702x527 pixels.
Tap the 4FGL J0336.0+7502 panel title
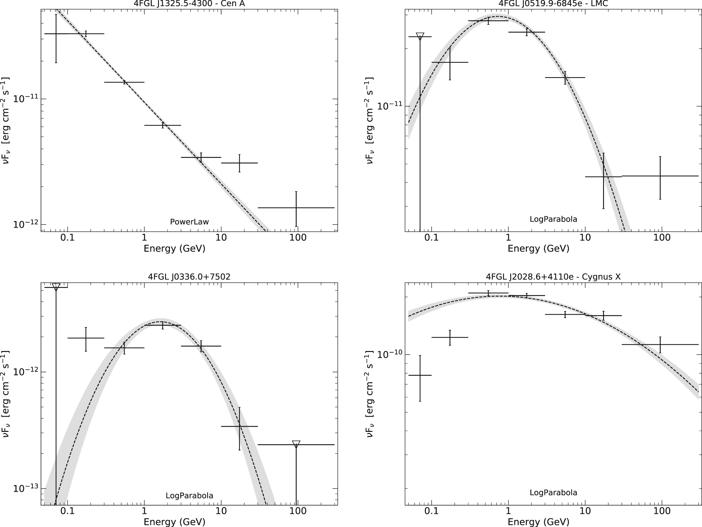tap(189, 277)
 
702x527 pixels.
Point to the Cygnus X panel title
tap(553, 277)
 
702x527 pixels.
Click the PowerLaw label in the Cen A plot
tap(190, 222)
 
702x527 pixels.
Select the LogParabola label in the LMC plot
tap(553, 219)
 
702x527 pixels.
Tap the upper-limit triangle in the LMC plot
tap(420, 36)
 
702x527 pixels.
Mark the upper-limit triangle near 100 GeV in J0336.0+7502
tap(296, 444)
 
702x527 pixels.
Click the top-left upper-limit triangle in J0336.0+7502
tap(56, 287)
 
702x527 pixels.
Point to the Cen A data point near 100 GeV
tap(296, 208)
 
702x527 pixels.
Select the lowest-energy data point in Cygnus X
tap(420, 375)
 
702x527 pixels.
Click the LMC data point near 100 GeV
tap(660, 176)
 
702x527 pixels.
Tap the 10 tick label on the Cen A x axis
tap(221, 238)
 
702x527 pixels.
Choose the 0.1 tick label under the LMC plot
tap(431, 238)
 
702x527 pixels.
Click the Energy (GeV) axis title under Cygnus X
tap(538, 522)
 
